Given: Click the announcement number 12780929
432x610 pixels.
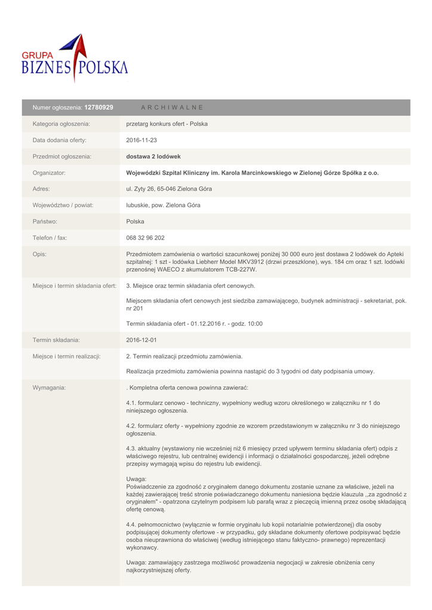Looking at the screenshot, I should [99, 107].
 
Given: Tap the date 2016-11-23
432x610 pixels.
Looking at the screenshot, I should [141, 140].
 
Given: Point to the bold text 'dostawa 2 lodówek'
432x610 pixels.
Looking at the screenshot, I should [153, 157].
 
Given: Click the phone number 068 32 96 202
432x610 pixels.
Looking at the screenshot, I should [145, 238].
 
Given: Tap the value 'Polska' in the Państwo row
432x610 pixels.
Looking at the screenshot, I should [135, 222].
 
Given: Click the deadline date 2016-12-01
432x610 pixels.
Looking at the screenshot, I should [141, 340].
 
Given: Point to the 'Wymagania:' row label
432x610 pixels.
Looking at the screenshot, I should [49, 388].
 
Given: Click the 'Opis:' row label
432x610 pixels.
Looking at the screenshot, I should [40, 254].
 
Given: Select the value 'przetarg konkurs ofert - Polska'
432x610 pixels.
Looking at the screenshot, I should [167, 124].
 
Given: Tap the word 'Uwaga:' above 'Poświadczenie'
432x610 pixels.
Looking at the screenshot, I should [136, 479].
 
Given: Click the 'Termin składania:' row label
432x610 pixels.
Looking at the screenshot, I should [56, 340].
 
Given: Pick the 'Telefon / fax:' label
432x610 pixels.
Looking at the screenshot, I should [50, 238].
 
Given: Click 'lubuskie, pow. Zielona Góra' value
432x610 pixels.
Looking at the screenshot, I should [163, 205].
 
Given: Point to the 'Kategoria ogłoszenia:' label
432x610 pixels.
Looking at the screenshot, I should [61, 124].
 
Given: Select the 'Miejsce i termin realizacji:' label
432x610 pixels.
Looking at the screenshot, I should [66, 356].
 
